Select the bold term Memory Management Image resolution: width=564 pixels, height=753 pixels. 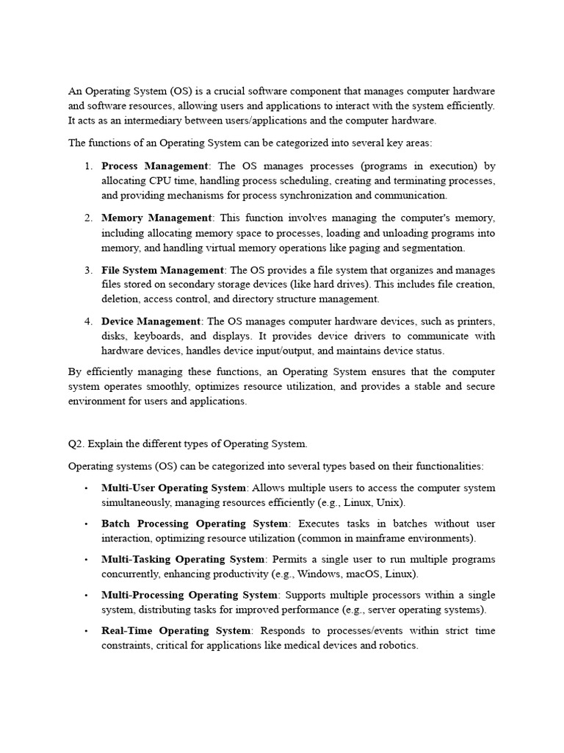coord(156,218)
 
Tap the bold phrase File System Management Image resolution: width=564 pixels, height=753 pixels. coord(162,270)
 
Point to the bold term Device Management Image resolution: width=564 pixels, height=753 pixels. coord(151,321)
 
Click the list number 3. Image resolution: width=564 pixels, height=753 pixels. coord(87,270)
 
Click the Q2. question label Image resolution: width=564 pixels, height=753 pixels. coord(76,443)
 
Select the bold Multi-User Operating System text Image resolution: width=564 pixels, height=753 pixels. coord(173,488)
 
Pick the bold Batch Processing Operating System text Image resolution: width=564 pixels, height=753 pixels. coord(195,524)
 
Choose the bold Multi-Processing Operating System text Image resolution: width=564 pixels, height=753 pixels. coord(189,595)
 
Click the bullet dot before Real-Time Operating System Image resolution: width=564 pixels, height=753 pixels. coord(86,631)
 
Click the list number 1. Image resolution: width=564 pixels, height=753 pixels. coord(87,166)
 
